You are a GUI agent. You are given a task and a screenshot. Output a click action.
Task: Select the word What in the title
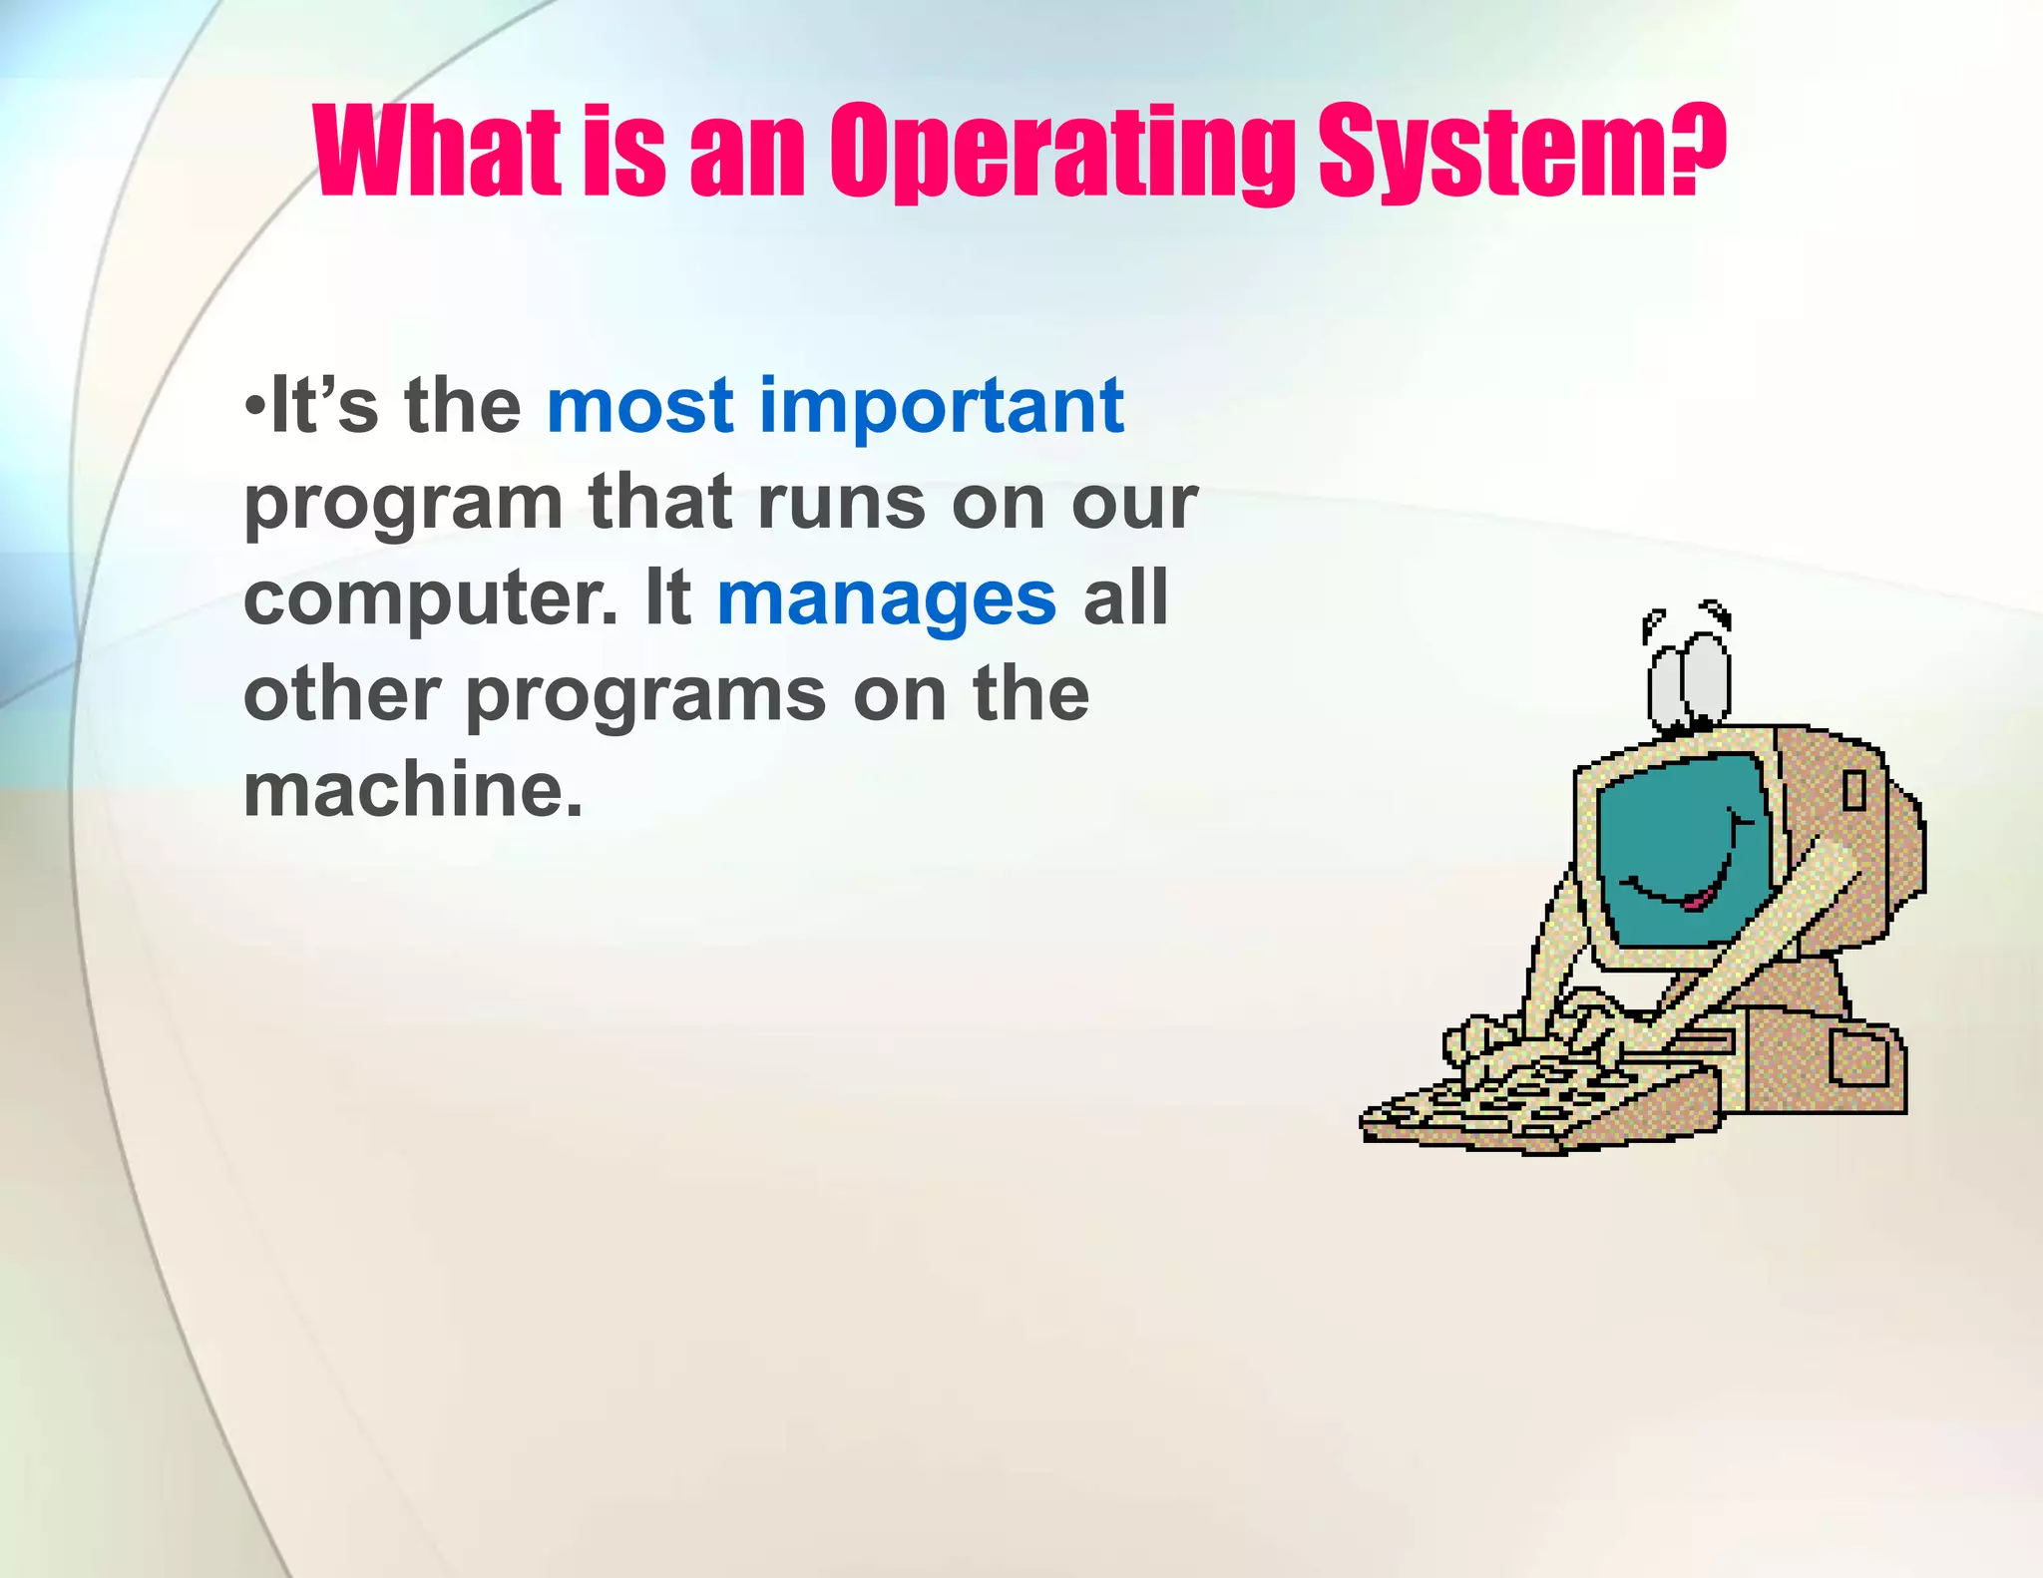436,152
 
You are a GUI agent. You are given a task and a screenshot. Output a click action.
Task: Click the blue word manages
886,598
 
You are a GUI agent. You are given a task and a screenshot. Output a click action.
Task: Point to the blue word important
942,406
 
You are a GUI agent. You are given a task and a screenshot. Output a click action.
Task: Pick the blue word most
640,406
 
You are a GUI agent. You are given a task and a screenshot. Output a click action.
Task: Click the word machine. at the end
413,789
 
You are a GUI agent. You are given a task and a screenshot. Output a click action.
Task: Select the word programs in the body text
646,695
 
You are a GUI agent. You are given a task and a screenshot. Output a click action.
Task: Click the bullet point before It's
254,407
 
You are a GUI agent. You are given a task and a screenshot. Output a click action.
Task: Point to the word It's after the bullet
325,406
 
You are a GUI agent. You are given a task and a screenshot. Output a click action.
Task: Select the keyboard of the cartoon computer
1536,1097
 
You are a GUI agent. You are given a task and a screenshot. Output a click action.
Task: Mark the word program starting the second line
403,505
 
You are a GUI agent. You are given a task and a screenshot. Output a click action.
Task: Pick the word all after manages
1125,598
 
